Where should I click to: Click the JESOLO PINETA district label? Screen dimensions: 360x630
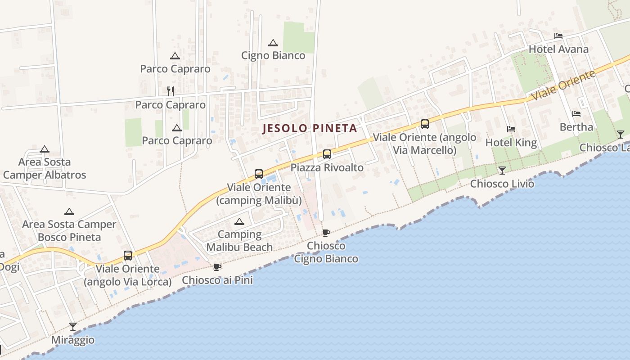[x=310, y=128]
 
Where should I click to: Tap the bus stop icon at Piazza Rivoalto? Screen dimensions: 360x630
[x=327, y=154]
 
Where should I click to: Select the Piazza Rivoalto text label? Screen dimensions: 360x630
[x=327, y=167]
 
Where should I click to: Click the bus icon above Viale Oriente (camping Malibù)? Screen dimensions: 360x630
[x=258, y=174]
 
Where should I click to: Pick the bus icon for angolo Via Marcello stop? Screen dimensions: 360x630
[x=424, y=124]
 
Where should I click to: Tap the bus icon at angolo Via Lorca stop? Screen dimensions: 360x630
[x=128, y=256]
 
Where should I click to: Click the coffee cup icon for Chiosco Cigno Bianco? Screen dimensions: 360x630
[x=326, y=233]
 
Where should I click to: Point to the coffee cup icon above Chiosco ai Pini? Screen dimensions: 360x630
[x=217, y=267]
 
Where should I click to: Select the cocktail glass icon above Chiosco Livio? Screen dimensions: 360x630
[x=502, y=170]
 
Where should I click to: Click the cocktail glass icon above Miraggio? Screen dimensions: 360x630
[x=73, y=326]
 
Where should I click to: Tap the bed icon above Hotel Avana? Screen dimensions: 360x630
[x=558, y=36]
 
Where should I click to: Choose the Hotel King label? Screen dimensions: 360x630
[x=511, y=143]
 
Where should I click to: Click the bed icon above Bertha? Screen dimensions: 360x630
[x=576, y=114]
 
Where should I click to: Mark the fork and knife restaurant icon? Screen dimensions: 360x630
[x=171, y=91]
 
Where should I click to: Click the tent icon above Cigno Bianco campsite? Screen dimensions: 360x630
[x=273, y=43]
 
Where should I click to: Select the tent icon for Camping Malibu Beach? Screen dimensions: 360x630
[x=239, y=221]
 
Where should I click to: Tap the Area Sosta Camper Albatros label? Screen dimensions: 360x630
[x=45, y=168]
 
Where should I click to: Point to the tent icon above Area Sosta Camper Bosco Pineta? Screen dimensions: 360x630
[x=69, y=211]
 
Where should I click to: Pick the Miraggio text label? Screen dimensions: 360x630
[x=73, y=340]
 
